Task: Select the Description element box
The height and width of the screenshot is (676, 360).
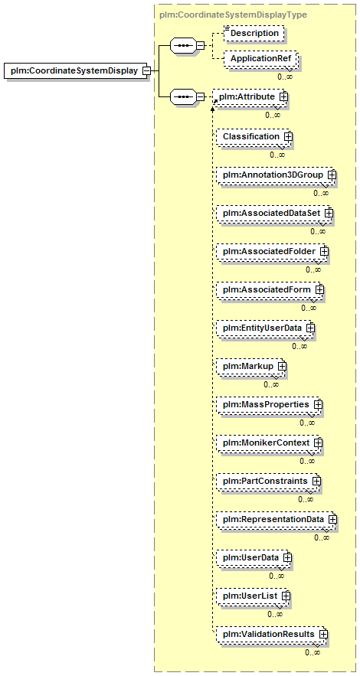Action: (254, 33)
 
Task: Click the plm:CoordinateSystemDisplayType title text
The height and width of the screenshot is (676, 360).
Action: (233, 15)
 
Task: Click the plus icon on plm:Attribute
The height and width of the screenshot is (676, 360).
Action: (283, 97)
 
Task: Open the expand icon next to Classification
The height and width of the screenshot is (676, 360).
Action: (288, 136)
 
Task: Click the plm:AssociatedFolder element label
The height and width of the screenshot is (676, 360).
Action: (270, 251)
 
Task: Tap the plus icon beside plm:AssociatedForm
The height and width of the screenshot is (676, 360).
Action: (319, 289)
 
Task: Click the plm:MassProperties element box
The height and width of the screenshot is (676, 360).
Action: (269, 404)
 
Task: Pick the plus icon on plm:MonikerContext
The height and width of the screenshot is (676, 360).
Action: (318, 443)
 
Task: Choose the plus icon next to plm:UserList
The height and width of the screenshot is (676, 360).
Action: (285, 596)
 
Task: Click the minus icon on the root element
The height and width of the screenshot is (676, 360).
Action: (146, 70)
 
